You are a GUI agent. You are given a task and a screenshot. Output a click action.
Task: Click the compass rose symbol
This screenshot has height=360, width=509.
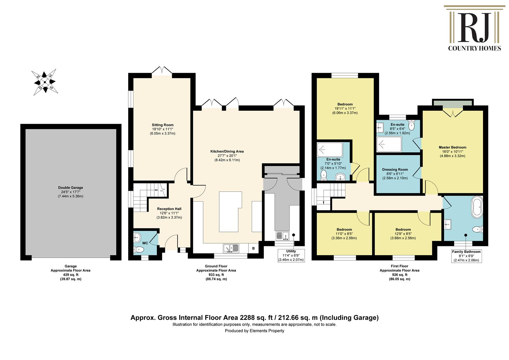45,82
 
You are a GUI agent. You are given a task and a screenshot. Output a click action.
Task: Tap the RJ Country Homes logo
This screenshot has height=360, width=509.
474,28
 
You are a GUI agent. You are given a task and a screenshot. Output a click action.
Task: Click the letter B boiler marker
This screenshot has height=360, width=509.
254,248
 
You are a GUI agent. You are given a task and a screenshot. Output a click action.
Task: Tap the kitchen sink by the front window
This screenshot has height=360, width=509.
231,248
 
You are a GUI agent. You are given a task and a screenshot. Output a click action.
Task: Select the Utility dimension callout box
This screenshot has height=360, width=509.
291,255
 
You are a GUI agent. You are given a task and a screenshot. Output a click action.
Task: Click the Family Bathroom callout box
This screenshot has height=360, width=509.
466,256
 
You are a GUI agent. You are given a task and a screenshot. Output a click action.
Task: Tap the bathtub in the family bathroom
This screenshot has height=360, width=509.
477,207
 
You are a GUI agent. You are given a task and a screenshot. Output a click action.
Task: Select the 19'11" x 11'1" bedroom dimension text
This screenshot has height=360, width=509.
345,108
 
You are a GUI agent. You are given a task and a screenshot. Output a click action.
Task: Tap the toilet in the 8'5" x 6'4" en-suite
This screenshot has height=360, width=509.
411,125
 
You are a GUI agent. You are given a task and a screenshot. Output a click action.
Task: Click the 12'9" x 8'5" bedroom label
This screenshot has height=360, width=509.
403,234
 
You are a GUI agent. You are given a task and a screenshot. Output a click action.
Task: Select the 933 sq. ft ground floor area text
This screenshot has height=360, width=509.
216,275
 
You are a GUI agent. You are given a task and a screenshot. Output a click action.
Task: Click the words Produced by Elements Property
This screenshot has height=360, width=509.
254,331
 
